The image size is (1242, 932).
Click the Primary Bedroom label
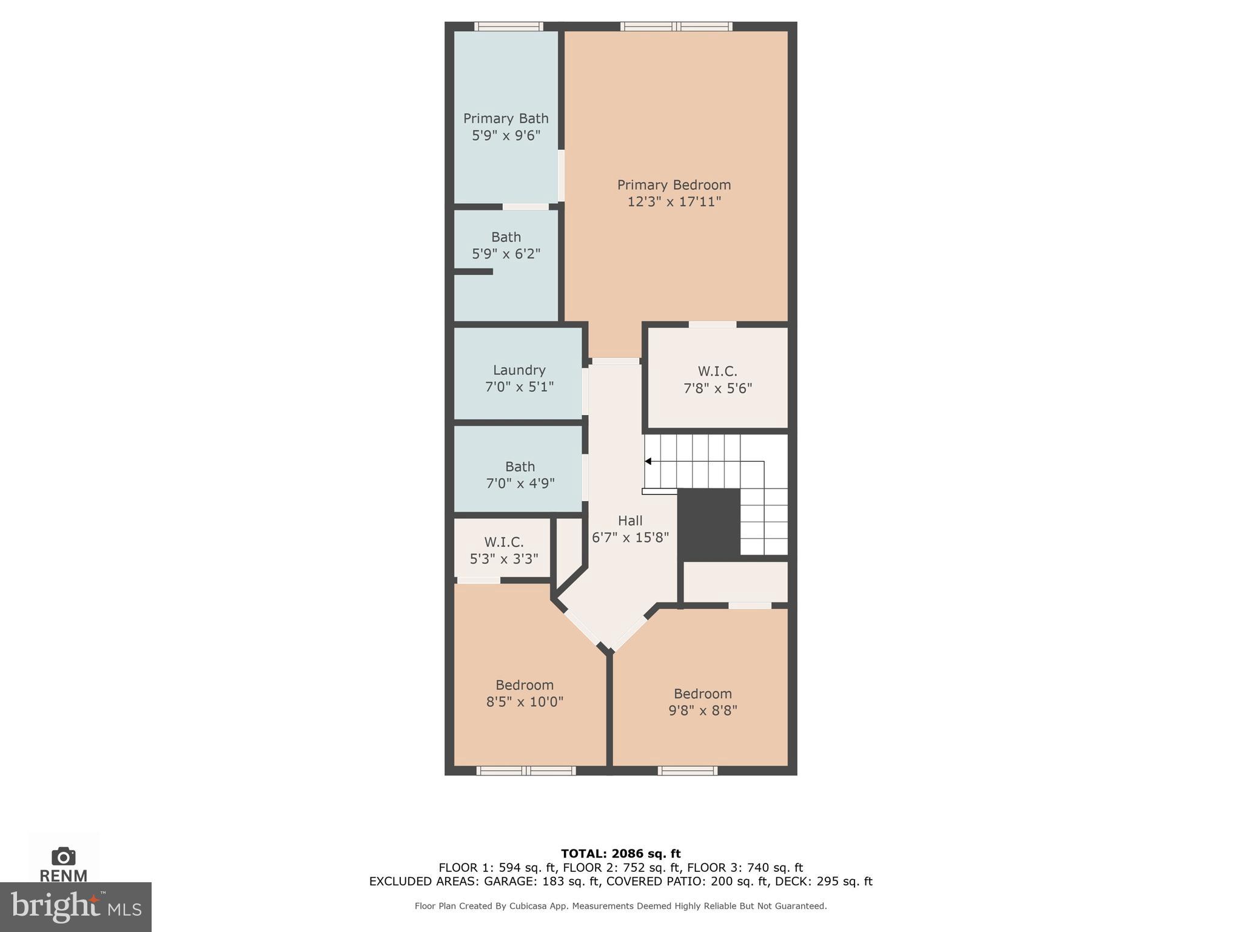click(x=674, y=184)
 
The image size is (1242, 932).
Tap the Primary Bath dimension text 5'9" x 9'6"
click(x=506, y=135)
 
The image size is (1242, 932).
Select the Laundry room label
click(x=519, y=370)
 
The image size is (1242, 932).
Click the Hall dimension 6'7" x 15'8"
click(x=630, y=537)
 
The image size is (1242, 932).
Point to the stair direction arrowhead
click(x=648, y=462)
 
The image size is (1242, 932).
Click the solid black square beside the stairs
click(x=708, y=524)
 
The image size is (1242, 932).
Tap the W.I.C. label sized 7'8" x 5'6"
click(x=717, y=371)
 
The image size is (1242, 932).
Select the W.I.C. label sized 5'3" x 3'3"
click(x=503, y=542)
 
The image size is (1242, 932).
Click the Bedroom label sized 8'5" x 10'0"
click(x=525, y=685)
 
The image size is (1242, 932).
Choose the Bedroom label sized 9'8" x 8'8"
click(x=702, y=694)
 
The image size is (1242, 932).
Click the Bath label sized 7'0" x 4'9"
click(x=520, y=467)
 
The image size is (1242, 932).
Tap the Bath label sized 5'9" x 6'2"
click(x=506, y=237)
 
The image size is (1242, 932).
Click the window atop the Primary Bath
click(x=508, y=26)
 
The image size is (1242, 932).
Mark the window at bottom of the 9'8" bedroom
click(x=688, y=771)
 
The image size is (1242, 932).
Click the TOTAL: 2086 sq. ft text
click(x=620, y=853)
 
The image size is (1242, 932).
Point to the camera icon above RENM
click(x=64, y=856)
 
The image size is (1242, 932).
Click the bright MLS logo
click(x=75, y=907)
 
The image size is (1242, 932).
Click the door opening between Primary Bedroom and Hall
click(x=616, y=361)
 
